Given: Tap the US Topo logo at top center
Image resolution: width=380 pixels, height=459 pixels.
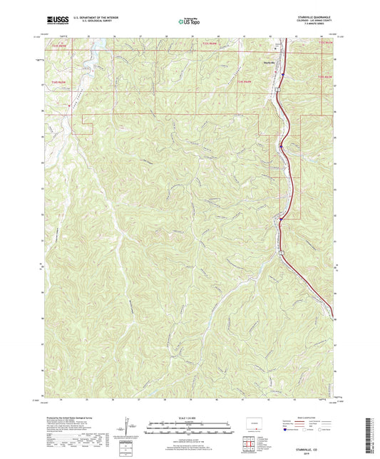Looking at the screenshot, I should point(188,21).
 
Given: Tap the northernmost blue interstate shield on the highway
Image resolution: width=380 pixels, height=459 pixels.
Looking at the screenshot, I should point(282,73).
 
